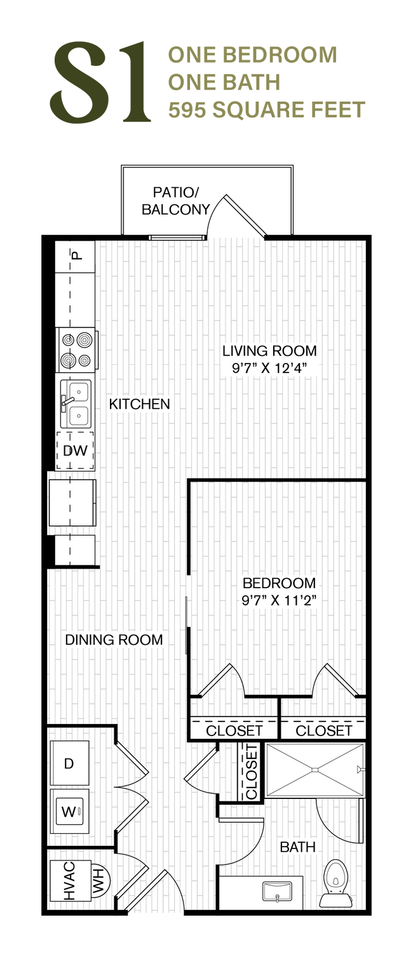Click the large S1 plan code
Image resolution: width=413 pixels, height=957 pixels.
(x=100, y=81)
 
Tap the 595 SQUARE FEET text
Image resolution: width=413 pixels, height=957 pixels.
(x=267, y=110)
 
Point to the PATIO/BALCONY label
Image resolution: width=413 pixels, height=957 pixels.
(x=176, y=201)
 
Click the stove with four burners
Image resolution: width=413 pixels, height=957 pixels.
(x=78, y=350)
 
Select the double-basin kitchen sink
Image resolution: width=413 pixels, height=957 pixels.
(x=76, y=404)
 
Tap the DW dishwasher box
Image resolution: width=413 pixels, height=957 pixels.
(x=75, y=451)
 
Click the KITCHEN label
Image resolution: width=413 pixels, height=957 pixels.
(x=139, y=404)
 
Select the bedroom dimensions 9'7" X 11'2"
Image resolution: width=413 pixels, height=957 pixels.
(x=279, y=600)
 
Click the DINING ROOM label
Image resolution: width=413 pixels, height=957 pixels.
(x=114, y=640)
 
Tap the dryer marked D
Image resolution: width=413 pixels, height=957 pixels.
(x=70, y=763)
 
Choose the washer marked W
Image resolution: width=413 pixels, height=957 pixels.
(x=70, y=811)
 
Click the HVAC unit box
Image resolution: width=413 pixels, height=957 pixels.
(x=71, y=881)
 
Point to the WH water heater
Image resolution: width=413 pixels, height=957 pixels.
(x=100, y=881)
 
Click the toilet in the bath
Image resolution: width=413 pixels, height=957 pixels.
(x=335, y=883)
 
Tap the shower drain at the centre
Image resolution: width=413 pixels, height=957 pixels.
(x=315, y=770)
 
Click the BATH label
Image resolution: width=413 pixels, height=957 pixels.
(x=298, y=847)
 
